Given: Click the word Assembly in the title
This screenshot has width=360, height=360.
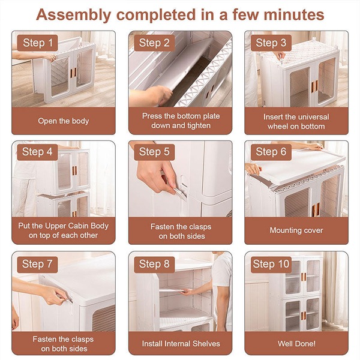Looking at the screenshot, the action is tap(73, 15).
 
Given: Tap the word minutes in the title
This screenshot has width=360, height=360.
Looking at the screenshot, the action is tap(294, 14).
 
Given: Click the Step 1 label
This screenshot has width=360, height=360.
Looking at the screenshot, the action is tap(37, 43).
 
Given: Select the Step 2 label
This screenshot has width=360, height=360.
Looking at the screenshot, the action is tap(154, 43).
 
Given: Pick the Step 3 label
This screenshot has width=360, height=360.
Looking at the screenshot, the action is tap(271, 43).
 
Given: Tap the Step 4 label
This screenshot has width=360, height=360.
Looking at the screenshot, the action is tap(37, 152).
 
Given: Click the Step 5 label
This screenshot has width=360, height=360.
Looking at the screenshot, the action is tap(154, 152).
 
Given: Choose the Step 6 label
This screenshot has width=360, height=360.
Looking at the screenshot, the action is tap(271, 152).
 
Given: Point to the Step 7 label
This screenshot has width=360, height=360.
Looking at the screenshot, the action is tap(37, 265).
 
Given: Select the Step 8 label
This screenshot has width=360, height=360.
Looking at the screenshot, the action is tap(154, 265).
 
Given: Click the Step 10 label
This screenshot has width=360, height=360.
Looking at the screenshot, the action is tap(271, 265).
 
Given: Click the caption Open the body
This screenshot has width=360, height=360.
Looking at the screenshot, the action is tap(64, 121).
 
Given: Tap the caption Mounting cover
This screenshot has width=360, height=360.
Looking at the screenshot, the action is tap(296, 230).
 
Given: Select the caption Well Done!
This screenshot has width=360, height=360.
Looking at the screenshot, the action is tap(296, 344).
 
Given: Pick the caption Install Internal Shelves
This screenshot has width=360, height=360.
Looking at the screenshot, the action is tap(181, 344).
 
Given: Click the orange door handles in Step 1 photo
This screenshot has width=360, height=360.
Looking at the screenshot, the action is tap(73, 73).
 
